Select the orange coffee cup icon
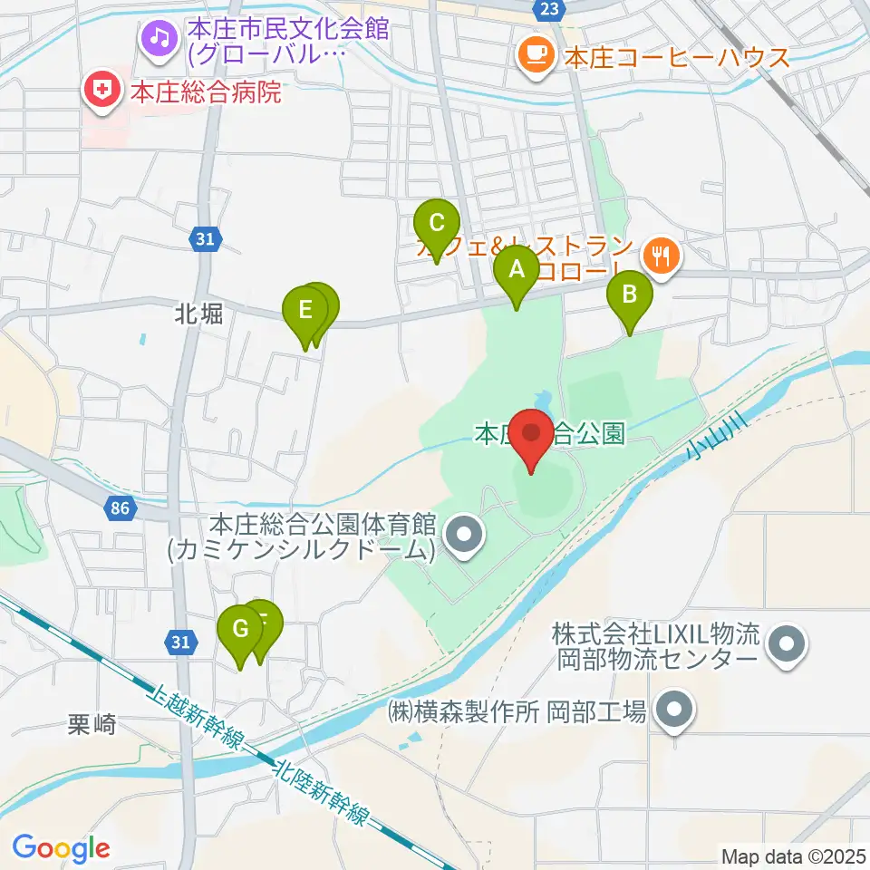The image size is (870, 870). point(535,55)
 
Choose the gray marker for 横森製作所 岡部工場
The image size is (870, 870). point(673,712)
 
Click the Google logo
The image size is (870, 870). point(62,848)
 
